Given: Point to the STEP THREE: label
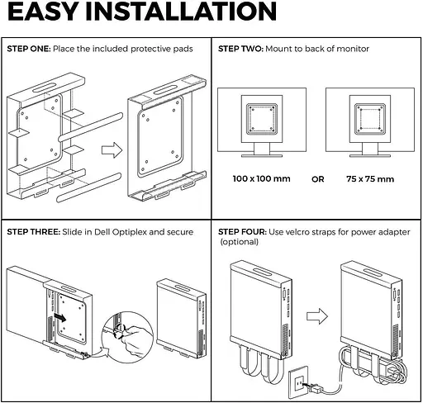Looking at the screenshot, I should click(x=32, y=232).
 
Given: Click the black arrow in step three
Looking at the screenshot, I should click(x=61, y=315).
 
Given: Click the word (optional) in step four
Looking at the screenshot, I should click(x=239, y=242).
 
